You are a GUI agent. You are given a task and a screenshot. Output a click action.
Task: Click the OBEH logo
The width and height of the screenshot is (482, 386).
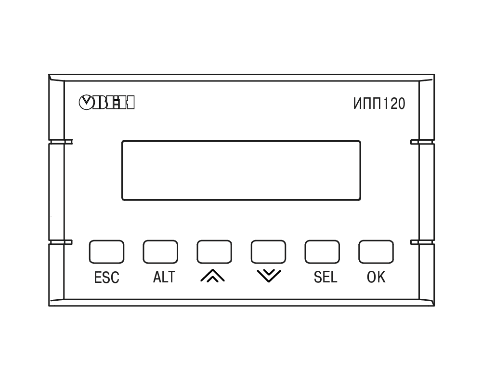tap(107, 103)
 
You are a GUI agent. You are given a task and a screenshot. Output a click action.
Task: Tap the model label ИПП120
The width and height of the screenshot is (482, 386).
tap(379, 104)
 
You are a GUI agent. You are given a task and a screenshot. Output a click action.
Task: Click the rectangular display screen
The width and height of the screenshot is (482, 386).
tap(241, 171)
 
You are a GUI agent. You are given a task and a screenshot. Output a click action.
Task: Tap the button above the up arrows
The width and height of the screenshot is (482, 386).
tap(214, 252)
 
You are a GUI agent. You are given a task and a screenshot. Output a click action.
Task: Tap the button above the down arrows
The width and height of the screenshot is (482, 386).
tap(268, 252)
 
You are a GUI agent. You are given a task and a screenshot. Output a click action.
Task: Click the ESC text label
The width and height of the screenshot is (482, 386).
tap(107, 278)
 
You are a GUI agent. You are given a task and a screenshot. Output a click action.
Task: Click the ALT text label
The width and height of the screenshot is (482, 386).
tap(164, 277)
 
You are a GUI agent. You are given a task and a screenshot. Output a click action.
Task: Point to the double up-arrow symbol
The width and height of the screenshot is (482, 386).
tap(212, 276)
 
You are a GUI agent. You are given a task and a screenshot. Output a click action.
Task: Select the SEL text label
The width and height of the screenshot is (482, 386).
tap(325, 277)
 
